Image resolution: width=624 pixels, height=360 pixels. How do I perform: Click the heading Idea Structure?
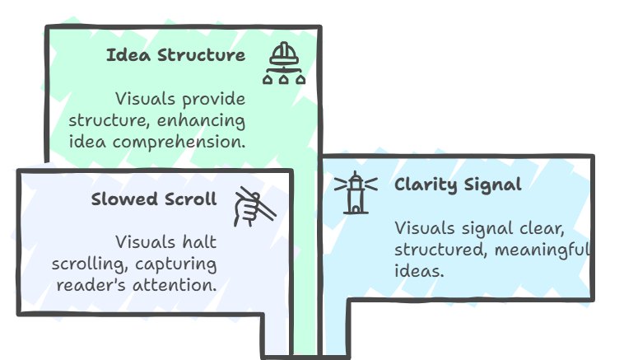[x=175, y=56]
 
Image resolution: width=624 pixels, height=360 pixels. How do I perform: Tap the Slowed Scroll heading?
[x=154, y=200]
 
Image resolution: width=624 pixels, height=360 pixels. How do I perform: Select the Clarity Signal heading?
[x=458, y=185]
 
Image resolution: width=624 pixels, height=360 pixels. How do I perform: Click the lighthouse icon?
[x=356, y=192]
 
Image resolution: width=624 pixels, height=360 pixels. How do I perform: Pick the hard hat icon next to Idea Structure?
[x=283, y=64]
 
